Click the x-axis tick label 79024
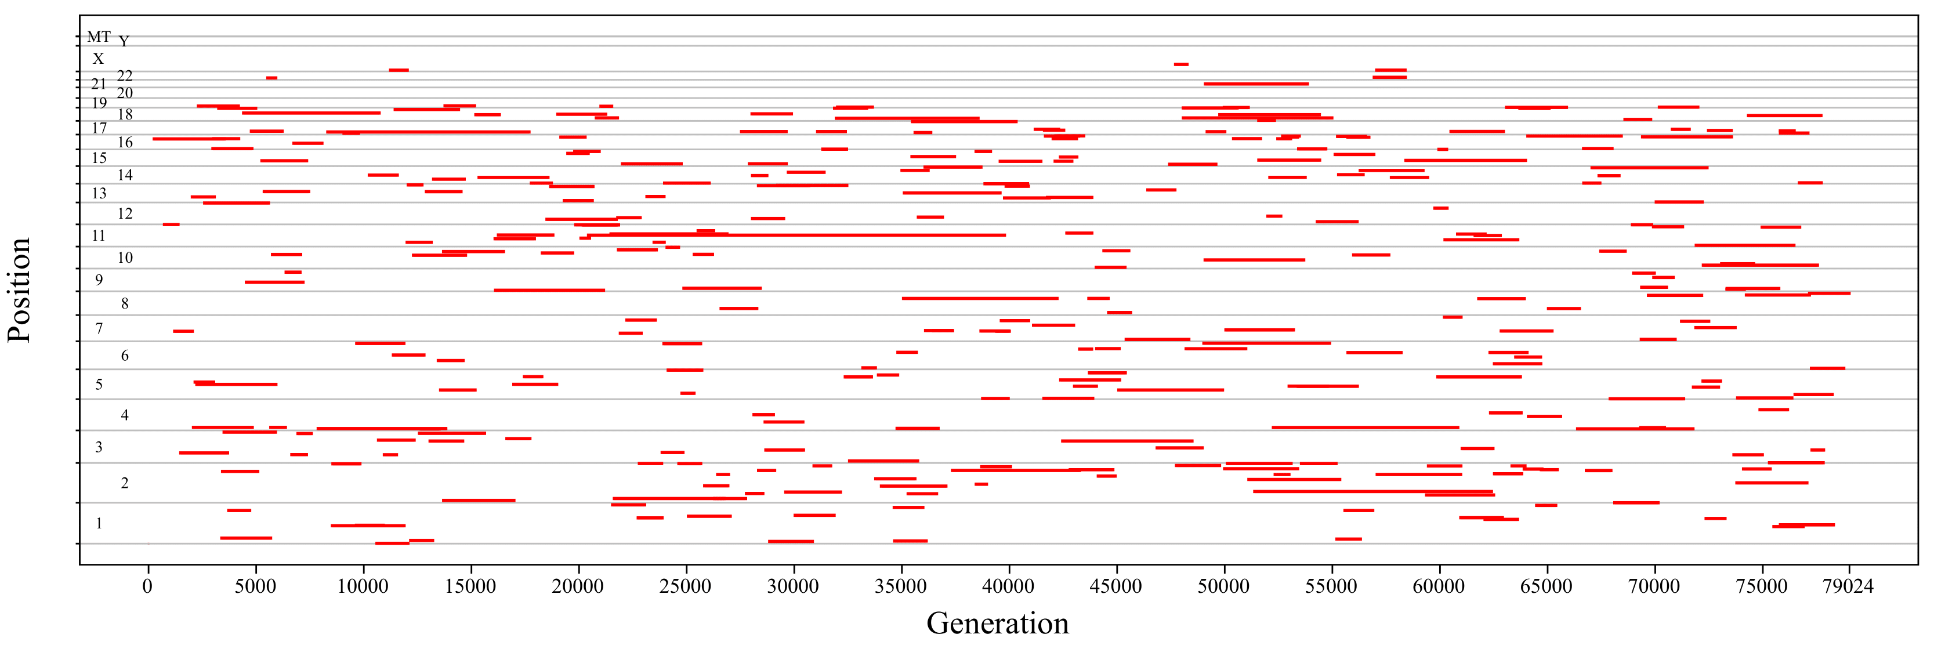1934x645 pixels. click(1848, 586)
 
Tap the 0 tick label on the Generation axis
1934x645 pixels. click(148, 586)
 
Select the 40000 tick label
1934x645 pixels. click(1008, 586)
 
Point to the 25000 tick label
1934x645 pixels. click(686, 586)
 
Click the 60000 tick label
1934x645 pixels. click(1439, 586)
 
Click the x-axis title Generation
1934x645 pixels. click(997, 623)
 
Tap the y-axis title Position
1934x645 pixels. click(20, 290)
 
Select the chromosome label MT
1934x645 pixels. click(99, 37)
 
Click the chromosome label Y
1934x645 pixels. click(124, 42)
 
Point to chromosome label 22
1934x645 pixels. click(125, 76)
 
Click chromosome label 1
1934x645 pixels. click(99, 523)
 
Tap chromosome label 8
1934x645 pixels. click(125, 303)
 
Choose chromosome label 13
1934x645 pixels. click(99, 193)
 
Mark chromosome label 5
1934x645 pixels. click(99, 385)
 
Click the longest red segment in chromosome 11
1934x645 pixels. click(796, 235)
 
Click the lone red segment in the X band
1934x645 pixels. click(1181, 64)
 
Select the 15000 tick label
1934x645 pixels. click(470, 586)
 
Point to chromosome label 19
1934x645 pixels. click(99, 103)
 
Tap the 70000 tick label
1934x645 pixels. click(1654, 586)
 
